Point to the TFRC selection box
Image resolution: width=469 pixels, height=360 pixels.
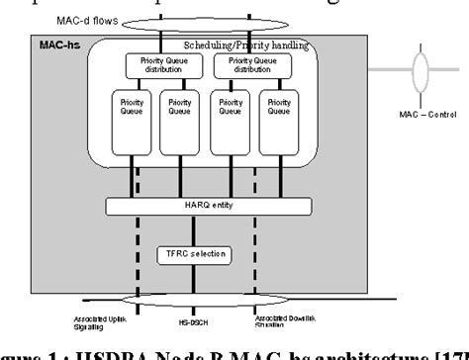tap(192, 255)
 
